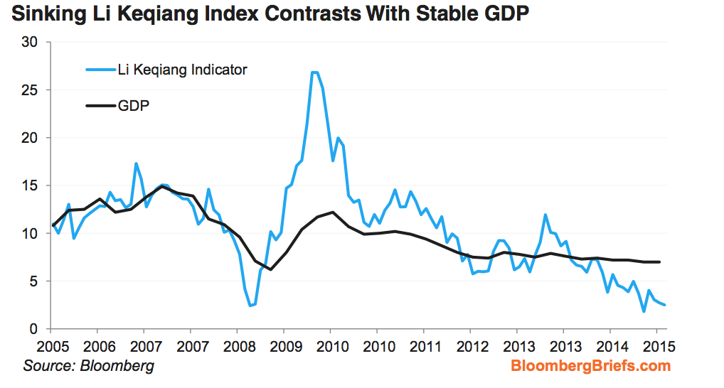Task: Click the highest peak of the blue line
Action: [x=314, y=72]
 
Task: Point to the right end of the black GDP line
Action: [x=660, y=262]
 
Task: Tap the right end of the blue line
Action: [x=665, y=305]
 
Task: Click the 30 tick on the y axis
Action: [x=30, y=42]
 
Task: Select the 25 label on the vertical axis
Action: [x=30, y=90]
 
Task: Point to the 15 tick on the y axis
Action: [x=30, y=185]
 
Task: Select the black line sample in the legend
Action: [x=100, y=105]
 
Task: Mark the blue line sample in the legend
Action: [x=100, y=70]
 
